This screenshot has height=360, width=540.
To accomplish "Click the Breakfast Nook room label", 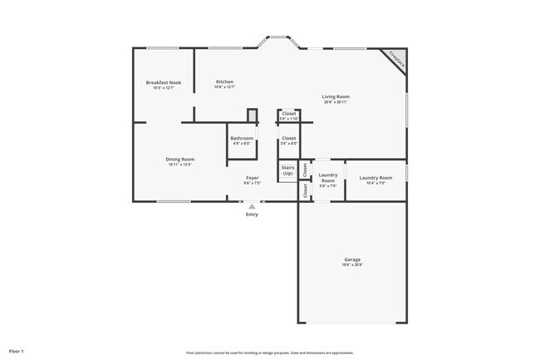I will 164,82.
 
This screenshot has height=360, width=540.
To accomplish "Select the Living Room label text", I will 336,96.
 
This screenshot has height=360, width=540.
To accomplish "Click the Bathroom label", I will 242,138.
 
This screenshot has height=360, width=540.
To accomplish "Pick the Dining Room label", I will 179,159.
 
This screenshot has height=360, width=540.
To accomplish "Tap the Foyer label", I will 252,178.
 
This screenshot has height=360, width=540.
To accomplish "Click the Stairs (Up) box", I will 287,171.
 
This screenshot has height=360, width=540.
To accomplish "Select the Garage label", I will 352,259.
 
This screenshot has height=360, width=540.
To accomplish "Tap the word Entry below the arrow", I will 252,215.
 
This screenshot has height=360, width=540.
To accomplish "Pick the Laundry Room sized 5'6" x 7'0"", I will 328,180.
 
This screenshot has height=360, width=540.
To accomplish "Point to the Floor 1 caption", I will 17,352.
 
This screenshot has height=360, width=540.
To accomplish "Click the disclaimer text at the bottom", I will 270,353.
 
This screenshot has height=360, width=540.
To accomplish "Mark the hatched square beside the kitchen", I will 253,116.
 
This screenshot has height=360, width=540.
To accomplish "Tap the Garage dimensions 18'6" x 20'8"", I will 352,265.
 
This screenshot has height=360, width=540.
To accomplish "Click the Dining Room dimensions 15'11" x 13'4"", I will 179,164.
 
